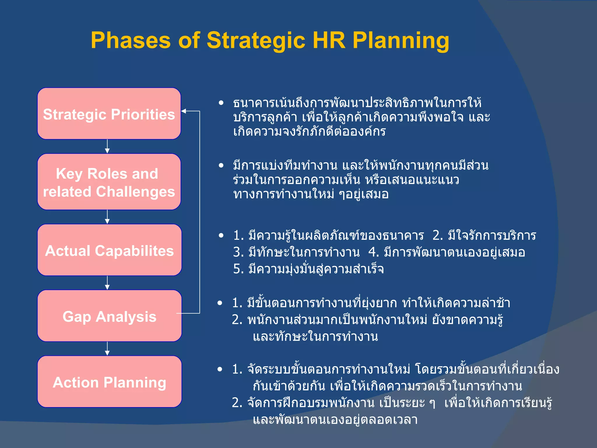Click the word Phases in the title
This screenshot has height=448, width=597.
(130, 41)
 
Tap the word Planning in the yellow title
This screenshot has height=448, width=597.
(401, 41)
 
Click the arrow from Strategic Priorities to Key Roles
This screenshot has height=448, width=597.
(107, 146)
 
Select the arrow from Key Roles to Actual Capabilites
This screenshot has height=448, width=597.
(107, 217)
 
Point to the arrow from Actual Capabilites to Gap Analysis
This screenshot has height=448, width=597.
(107, 283)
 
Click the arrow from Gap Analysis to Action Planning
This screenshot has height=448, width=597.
(107, 349)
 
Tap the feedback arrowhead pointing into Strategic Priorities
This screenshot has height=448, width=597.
(184, 111)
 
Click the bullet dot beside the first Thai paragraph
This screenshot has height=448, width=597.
(221, 103)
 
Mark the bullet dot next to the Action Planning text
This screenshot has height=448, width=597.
(220, 370)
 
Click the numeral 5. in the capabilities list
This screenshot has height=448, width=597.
(238, 269)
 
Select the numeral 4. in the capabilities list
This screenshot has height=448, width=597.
(373, 252)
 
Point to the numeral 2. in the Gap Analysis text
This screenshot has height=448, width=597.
(237, 320)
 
